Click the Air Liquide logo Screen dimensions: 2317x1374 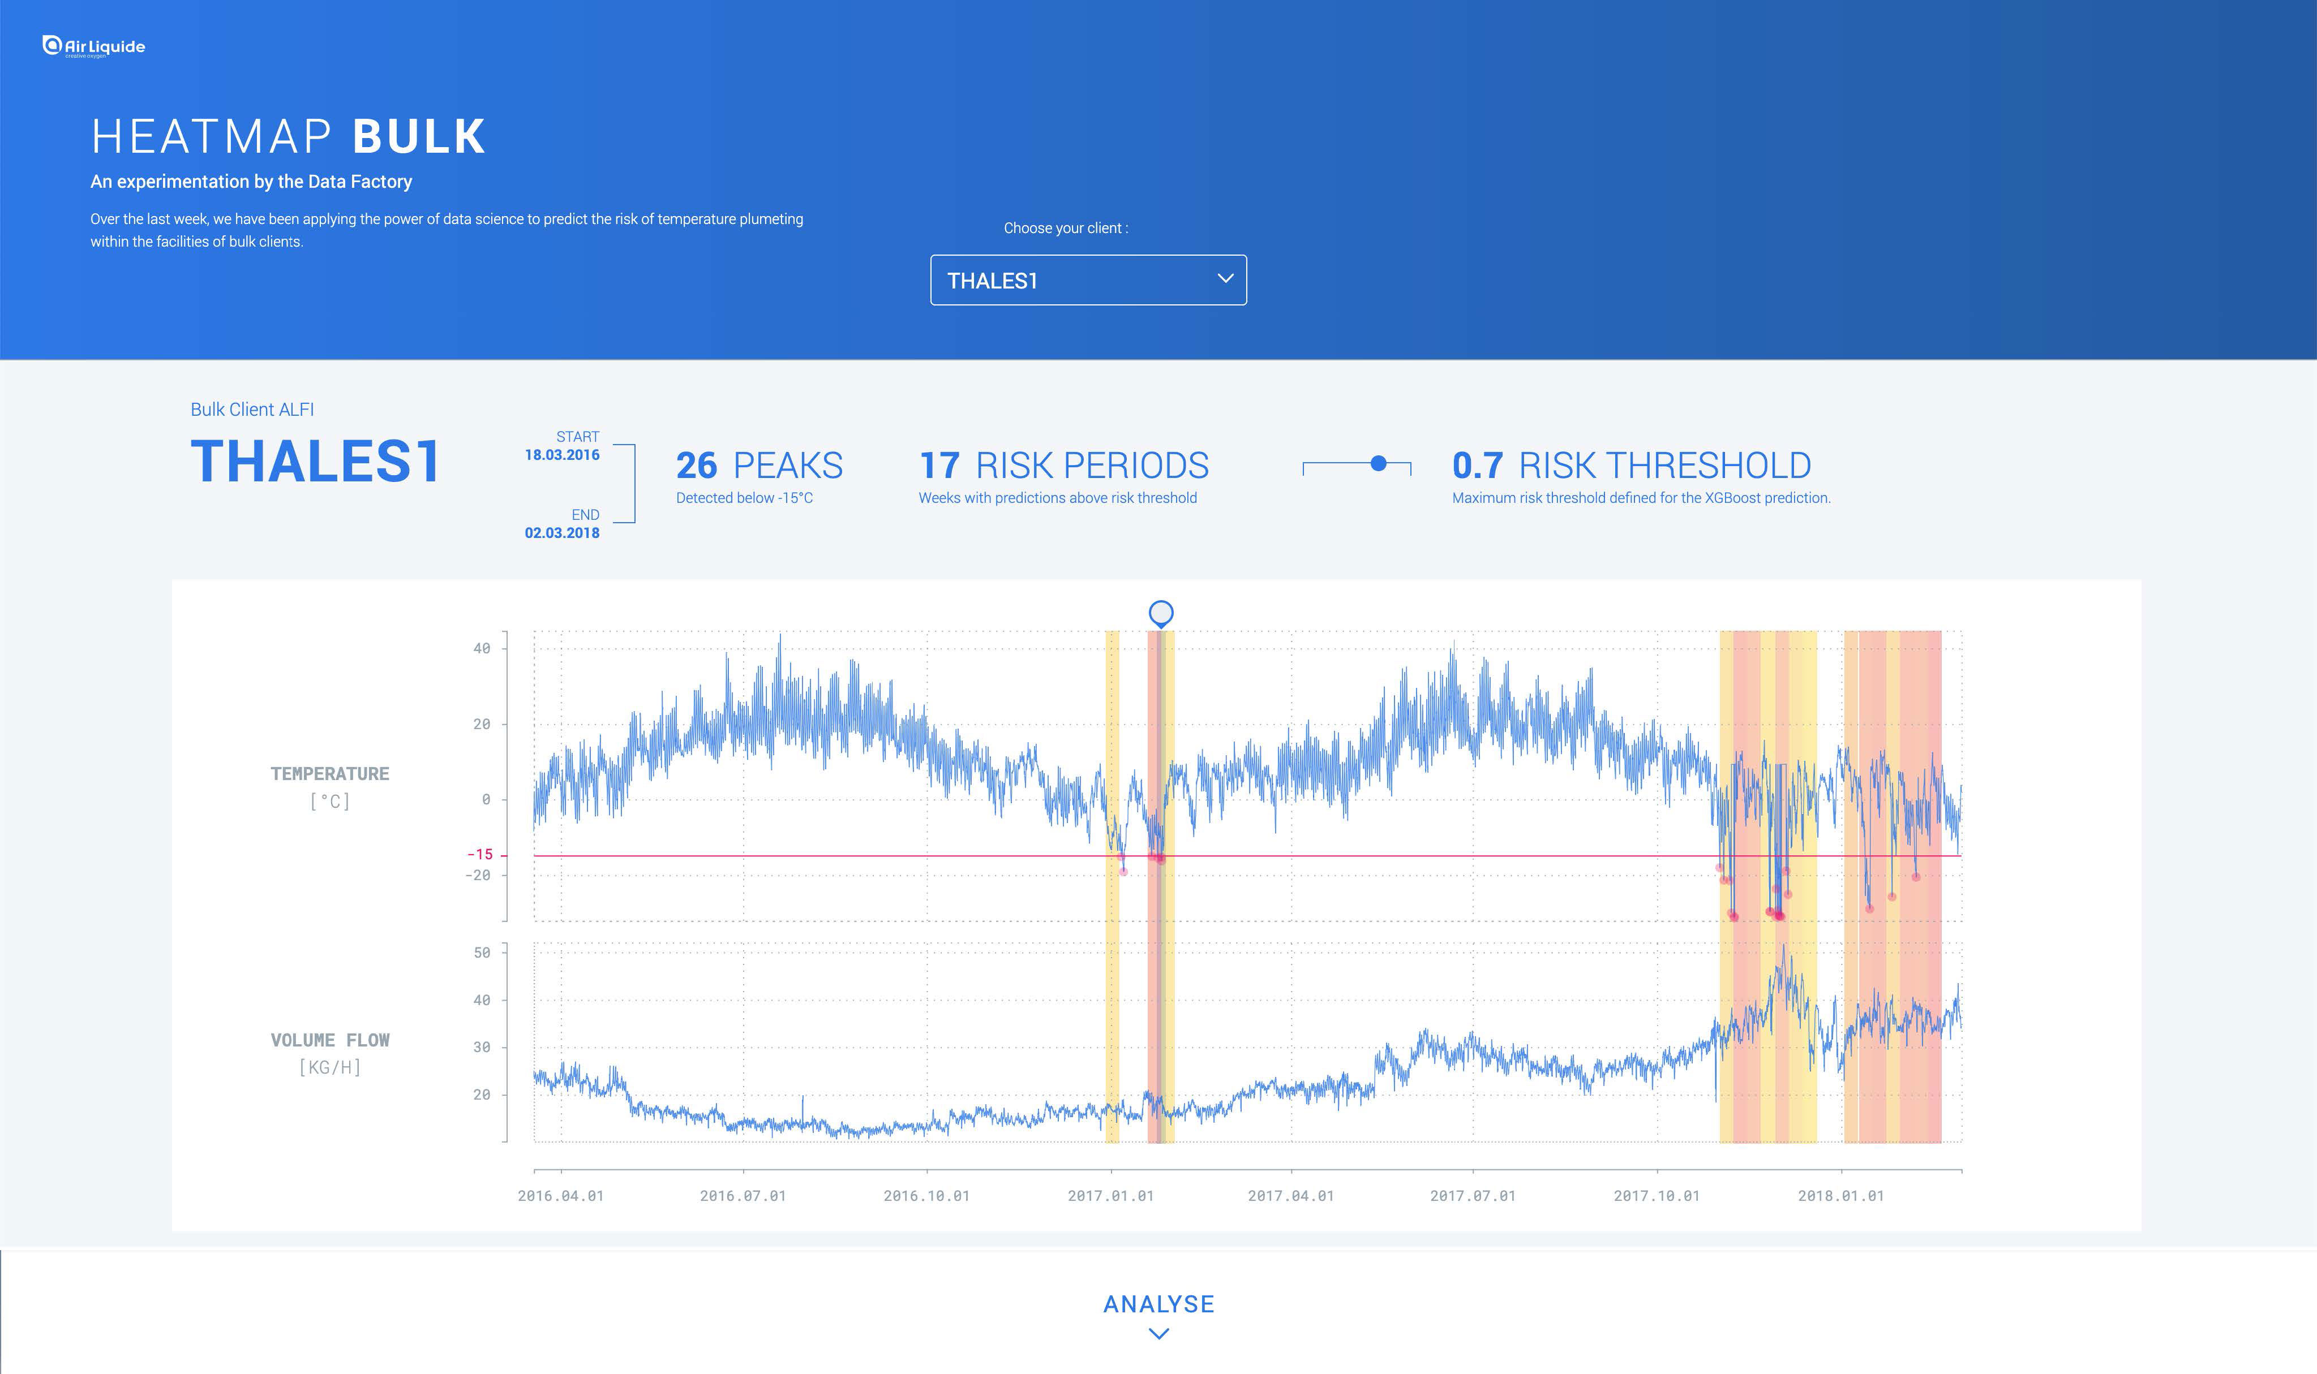pyautogui.click(x=93, y=46)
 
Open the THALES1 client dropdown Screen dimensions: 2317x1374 pyautogui.click(x=1088, y=279)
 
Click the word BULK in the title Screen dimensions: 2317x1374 pyautogui.click(x=419, y=137)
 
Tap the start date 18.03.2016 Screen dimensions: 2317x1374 pyautogui.click(x=562, y=455)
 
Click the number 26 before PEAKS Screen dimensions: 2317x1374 pyautogui.click(x=696, y=466)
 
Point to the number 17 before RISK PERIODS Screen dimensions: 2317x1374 pyautogui.click(x=939, y=466)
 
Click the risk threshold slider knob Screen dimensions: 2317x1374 pyautogui.click(x=1378, y=463)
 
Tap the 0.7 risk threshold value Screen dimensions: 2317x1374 pyautogui.click(x=1477, y=466)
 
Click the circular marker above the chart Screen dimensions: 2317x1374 pyautogui.click(x=1160, y=613)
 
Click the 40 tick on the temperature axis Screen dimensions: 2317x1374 pyautogui.click(x=482, y=648)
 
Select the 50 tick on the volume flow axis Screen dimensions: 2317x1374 pyautogui.click(x=482, y=952)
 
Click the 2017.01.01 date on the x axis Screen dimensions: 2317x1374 pyautogui.click(x=1110, y=1195)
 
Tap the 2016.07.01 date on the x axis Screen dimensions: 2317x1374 pyautogui.click(x=743, y=1195)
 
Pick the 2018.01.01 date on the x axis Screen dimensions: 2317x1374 pyautogui.click(x=1841, y=1195)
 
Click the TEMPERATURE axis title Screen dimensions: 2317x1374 pyautogui.click(x=330, y=774)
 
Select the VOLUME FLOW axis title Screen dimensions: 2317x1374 pyautogui.click(x=330, y=1040)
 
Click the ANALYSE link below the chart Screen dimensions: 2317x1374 pyautogui.click(x=1158, y=1304)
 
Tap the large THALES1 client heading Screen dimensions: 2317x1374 pyautogui.click(x=315, y=461)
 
